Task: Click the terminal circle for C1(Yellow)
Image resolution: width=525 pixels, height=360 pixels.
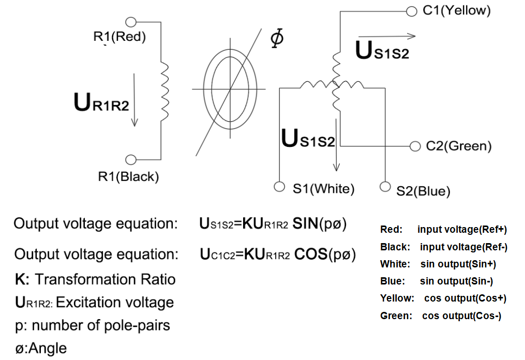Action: point(412,11)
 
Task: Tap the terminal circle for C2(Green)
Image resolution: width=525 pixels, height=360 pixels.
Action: point(415,146)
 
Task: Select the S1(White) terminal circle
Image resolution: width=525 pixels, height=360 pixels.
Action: point(279,187)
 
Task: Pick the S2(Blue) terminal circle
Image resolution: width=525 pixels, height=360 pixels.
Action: point(385,187)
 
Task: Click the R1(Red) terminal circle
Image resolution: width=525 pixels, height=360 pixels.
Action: point(131,22)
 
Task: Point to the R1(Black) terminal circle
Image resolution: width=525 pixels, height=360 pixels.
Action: point(131,160)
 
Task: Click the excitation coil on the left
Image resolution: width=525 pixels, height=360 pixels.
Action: point(164,92)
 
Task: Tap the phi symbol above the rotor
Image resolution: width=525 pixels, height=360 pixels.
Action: point(277,38)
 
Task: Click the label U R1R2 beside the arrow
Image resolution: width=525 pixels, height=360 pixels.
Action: point(101,102)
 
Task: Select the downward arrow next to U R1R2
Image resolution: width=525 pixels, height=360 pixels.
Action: point(134,100)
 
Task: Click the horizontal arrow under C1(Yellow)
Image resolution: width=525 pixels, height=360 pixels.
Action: point(387,36)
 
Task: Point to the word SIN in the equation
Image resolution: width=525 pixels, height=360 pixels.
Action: point(305,223)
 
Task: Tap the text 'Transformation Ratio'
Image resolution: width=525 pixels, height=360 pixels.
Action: point(105,279)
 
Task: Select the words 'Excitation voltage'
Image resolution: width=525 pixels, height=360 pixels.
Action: point(115,303)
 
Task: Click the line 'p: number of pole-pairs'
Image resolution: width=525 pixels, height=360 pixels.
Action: point(93,325)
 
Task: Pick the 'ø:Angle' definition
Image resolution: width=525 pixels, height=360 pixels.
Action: point(41,348)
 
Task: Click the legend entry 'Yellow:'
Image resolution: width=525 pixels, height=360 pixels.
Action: point(397,298)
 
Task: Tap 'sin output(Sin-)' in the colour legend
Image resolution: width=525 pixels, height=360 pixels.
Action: point(456,281)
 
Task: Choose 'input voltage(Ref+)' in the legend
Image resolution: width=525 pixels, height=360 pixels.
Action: point(462,229)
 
